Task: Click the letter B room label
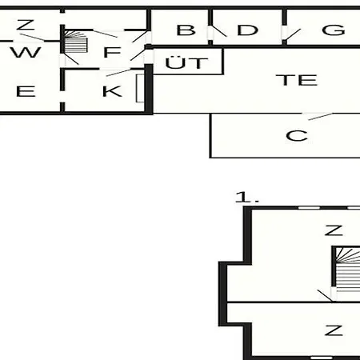(186, 30)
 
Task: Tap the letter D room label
(247, 30)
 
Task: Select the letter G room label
(334, 30)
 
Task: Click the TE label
(297, 80)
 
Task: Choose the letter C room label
(297, 136)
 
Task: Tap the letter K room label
(112, 91)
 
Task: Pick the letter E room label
(26, 91)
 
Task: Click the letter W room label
(26, 52)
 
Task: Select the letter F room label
(112, 52)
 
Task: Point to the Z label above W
(26, 25)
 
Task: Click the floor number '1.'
(246, 198)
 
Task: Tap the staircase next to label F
(76, 42)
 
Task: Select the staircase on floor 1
(347, 270)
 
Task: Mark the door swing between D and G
(293, 35)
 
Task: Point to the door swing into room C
(321, 117)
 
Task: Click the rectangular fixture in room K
(140, 88)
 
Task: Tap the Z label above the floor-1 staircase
(334, 230)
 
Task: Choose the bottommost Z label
(334, 330)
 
